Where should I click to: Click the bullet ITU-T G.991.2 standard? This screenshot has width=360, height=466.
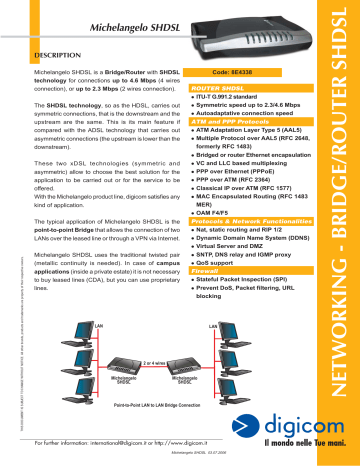click(236, 97)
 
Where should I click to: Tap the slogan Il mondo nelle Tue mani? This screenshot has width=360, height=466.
click(300, 445)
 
